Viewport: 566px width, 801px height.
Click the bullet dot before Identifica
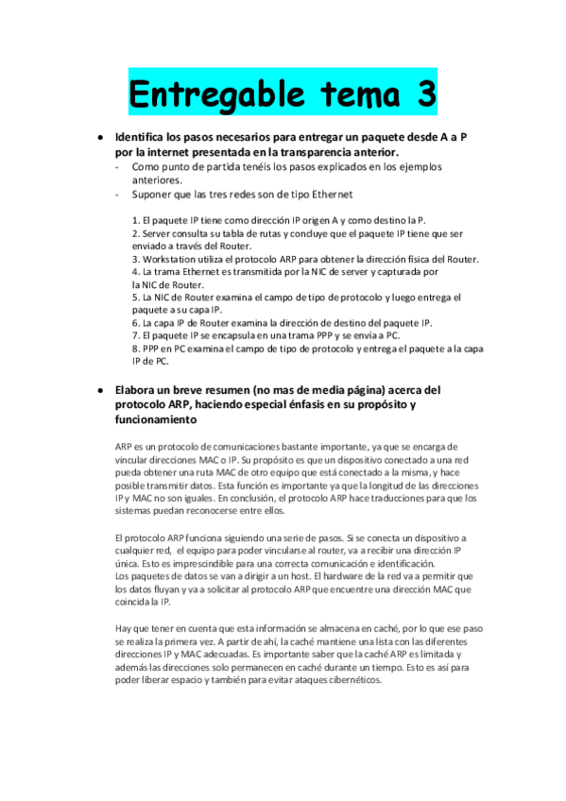click(x=99, y=137)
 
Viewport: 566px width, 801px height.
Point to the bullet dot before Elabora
click(x=99, y=389)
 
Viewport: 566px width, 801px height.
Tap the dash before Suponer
click(x=115, y=195)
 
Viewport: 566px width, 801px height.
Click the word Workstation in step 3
click(x=174, y=259)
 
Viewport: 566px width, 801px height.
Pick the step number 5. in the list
click(x=136, y=297)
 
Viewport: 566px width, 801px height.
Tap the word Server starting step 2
click(x=157, y=233)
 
